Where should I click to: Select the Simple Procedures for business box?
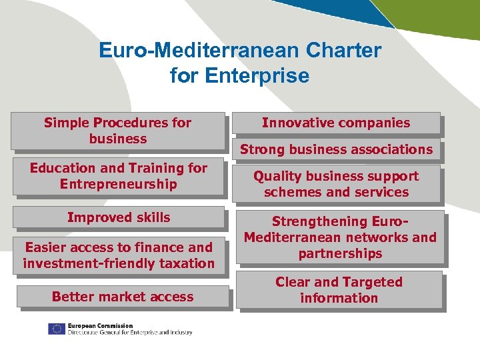[118, 131]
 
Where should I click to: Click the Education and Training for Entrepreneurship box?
[118, 176]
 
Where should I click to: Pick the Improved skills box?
[118, 217]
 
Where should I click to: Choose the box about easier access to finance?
[118, 255]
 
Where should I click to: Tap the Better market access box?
[123, 297]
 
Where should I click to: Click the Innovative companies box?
[336, 123]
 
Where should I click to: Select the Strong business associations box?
[336, 149]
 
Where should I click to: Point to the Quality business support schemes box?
[336, 184]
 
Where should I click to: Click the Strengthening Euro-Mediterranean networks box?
[340, 237]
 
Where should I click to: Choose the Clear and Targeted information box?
[339, 290]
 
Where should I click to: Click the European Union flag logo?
[56, 329]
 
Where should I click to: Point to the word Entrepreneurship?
[118, 184]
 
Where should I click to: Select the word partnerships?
[340, 253]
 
